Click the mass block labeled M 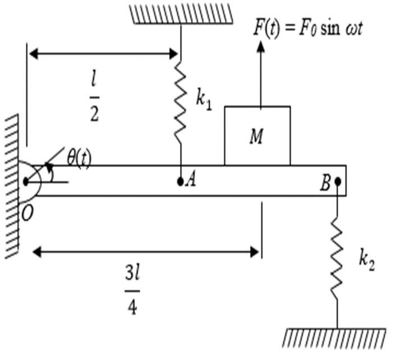(257, 136)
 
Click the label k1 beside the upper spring (204, 100)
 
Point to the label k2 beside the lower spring (366, 261)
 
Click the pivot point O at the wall (26, 181)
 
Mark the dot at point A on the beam (180, 181)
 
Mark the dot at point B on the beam (338, 181)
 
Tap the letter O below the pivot (26, 214)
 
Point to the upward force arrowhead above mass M (260, 46)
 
